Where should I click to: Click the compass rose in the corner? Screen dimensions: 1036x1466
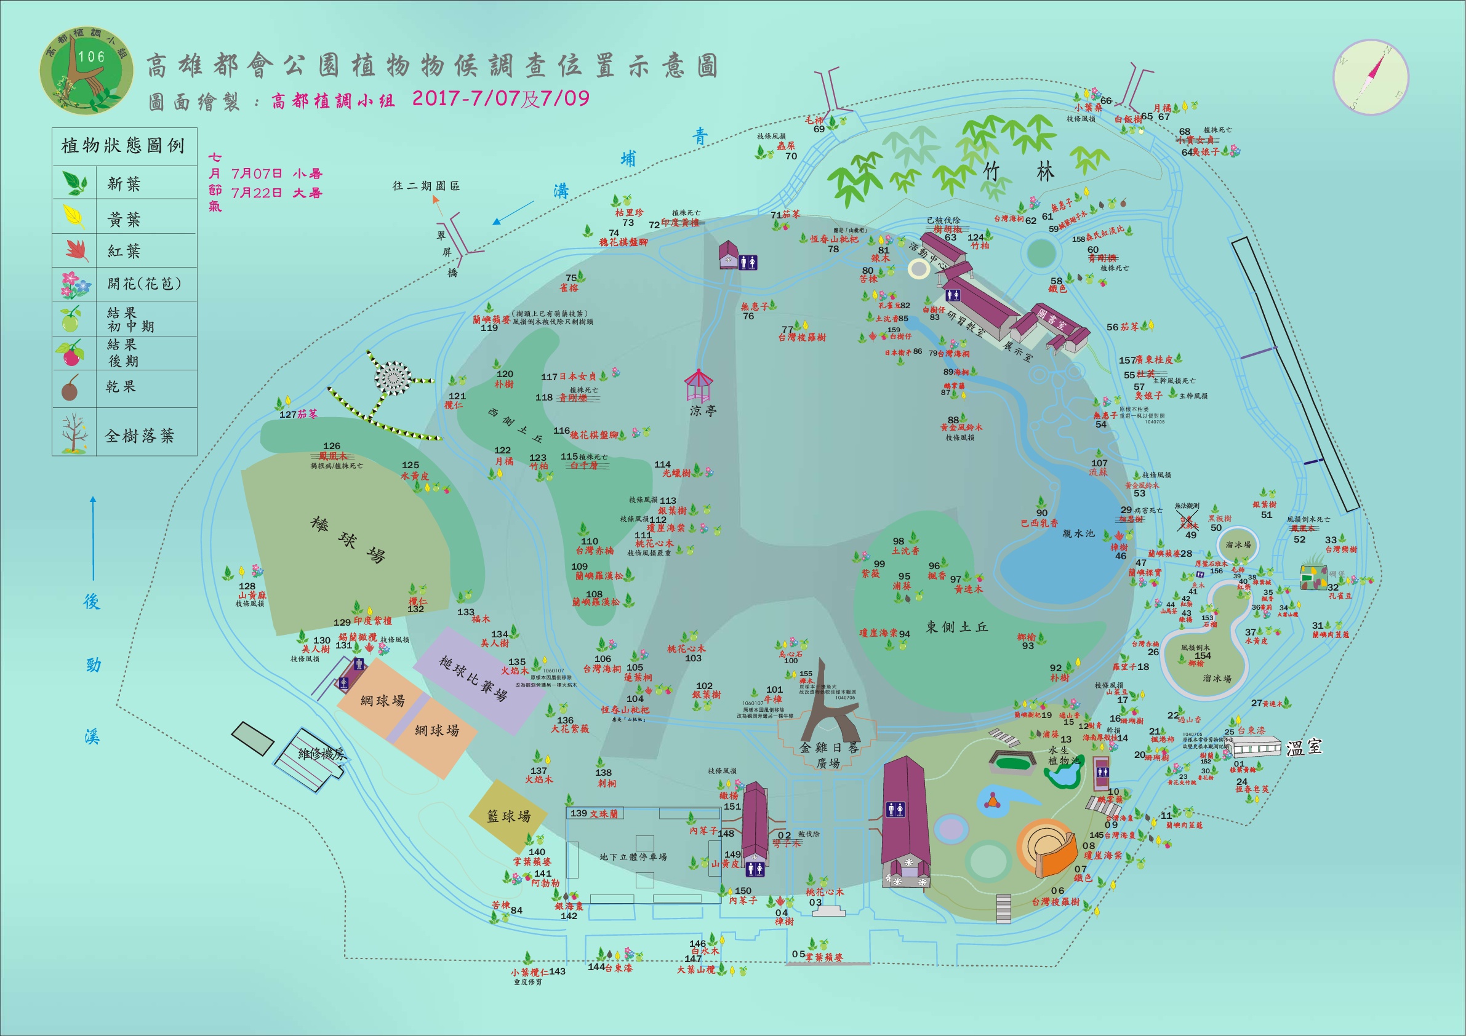pos(1370,78)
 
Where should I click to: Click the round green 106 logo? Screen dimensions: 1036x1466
pos(87,70)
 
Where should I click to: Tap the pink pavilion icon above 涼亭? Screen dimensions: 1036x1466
pos(698,386)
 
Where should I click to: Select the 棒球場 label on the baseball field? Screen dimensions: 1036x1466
pos(348,540)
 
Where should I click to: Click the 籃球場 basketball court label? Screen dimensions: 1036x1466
pos(509,816)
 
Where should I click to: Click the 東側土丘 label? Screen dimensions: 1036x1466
pos(956,628)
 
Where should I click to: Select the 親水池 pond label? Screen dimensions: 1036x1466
pos(1078,533)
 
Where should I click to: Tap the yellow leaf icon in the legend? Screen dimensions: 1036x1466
pos(74,217)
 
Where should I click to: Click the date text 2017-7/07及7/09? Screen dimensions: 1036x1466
pos(500,99)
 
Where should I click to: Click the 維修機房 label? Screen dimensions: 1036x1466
pos(322,754)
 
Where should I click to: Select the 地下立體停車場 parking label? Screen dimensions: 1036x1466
pos(633,856)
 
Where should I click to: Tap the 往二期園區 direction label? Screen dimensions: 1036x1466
pos(426,186)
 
